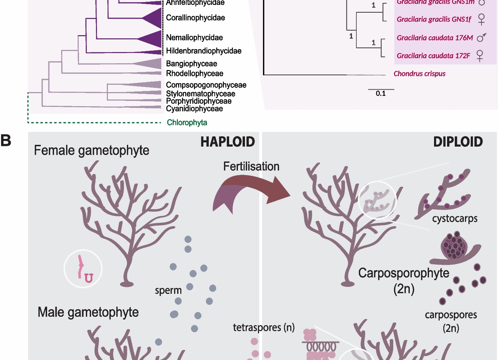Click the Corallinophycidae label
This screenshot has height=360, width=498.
[x=195, y=18]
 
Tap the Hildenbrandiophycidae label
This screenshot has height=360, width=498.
[x=203, y=51]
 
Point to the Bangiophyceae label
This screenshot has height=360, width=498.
[x=192, y=64]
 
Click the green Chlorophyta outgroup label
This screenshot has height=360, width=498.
[x=187, y=122]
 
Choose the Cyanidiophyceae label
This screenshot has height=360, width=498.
[x=194, y=109]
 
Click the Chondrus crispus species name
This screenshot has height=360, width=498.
[x=419, y=74]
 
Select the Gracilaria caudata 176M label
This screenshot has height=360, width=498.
[x=435, y=38]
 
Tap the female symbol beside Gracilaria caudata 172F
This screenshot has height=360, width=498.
[x=480, y=56]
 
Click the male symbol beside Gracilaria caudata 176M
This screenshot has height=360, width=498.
[x=481, y=37]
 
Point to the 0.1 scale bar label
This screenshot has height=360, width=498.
[x=381, y=94]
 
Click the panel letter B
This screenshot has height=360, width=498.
[x=6, y=140]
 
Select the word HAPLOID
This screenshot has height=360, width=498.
[x=228, y=142]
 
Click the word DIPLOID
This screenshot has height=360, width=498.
[x=458, y=142]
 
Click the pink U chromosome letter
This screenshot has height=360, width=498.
[x=89, y=278]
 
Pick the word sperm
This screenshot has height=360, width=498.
[x=168, y=290]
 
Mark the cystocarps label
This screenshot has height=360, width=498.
[x=455, y=218]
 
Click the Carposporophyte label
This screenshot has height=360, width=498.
[x=404, y=273]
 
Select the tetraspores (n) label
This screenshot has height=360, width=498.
[x=264, y=327]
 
